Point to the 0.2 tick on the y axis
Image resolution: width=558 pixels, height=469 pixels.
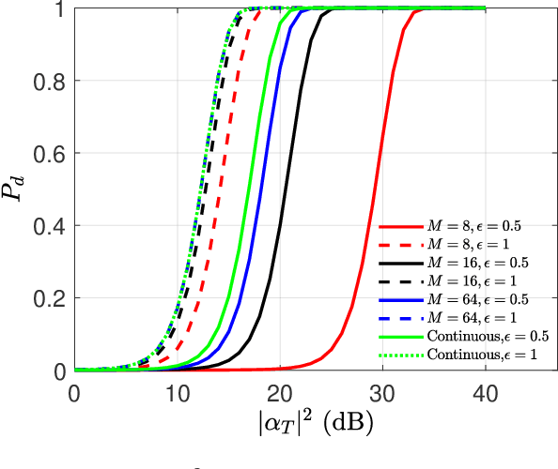47,298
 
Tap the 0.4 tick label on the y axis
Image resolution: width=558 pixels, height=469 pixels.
47,226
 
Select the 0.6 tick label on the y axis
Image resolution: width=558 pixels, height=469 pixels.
47,153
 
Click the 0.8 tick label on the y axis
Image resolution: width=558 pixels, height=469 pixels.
47,81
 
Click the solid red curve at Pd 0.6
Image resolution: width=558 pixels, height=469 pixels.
382,153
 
